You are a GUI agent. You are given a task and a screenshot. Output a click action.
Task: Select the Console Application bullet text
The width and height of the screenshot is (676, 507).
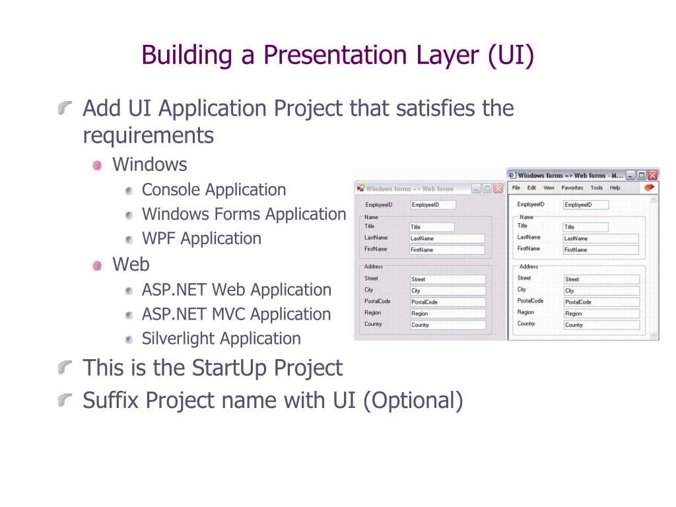pos(214,190)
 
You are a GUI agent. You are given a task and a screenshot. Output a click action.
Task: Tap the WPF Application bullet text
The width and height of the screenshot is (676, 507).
pos(201,239)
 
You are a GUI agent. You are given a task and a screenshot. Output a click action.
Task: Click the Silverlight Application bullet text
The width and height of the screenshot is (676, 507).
pos(221,339)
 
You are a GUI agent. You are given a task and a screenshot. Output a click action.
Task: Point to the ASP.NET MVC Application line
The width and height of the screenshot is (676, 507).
pos(236,315)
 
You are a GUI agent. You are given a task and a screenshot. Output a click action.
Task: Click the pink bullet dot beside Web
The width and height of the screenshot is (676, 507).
pos(98,265)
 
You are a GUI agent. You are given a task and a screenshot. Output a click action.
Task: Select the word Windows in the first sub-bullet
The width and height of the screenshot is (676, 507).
pos(150,164)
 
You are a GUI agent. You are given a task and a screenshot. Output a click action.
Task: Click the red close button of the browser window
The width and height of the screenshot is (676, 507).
pos(652,176)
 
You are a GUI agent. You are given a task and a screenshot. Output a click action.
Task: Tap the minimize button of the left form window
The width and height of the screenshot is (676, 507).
pos(477,189)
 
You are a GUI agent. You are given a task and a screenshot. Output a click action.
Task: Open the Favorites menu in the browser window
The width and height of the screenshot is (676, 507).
pos(572,188)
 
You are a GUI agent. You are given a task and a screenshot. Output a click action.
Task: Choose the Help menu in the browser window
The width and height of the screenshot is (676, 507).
pos(615,188)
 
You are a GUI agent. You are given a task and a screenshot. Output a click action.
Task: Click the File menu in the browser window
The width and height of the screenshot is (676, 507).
pos(516,188)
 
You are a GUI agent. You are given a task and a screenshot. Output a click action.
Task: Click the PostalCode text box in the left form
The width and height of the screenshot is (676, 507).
pos(447,302)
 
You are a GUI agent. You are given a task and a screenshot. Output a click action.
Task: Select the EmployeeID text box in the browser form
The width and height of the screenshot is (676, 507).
pos(586,205)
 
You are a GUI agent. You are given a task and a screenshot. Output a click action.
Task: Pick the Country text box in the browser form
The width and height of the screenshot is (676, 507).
pos(601,325)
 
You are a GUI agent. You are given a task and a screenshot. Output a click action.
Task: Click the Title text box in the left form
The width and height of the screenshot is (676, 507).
pos(432,227)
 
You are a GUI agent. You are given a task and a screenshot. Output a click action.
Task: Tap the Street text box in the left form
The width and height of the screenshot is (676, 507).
pos(447,279)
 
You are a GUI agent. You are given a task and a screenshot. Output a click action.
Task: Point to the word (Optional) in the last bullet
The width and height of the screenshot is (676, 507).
pos(413,401)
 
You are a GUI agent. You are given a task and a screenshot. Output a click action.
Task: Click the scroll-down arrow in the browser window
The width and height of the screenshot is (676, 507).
pos(654,335)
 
